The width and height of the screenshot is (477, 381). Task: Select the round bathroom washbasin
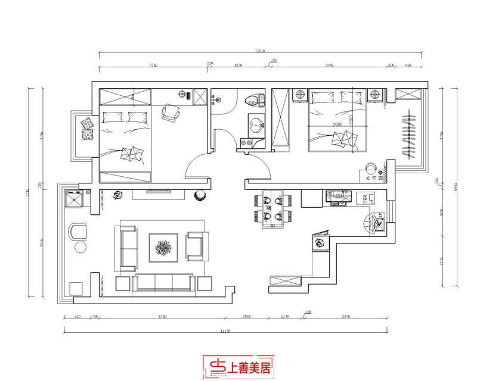[257, 126]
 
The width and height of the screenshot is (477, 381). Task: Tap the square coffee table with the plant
[163, 245]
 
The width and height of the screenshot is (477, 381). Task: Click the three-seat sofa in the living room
[163, 283]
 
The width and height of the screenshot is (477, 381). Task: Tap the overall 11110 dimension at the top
[259, 52]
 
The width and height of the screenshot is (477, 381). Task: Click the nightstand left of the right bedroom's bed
[300, 95]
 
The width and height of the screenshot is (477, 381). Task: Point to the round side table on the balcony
[79, 246]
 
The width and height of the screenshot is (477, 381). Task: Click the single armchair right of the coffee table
[196, 245]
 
